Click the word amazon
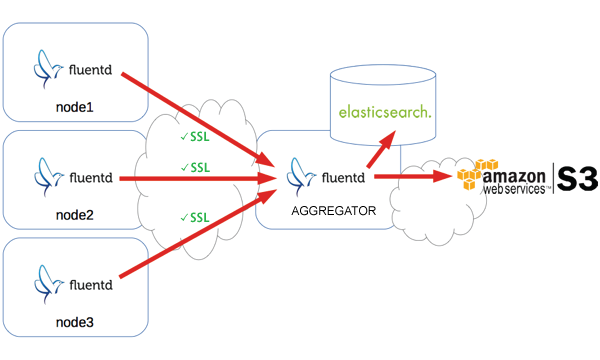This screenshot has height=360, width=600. point(521,172)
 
